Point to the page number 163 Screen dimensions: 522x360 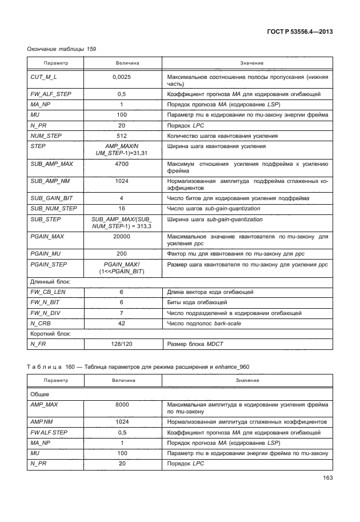327,477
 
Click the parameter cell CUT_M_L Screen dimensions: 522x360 43,76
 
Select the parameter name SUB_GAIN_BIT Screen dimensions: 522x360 50,198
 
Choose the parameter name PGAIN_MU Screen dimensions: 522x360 46,253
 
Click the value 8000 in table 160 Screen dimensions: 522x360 122,404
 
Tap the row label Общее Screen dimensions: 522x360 39,394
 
